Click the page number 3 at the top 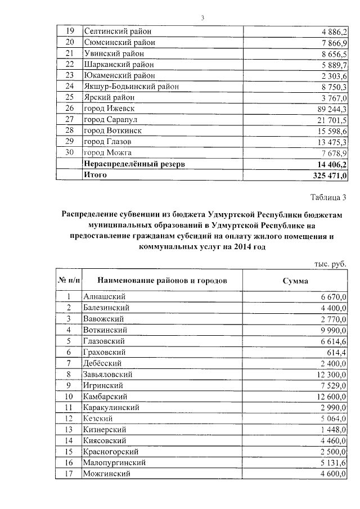point(202,18)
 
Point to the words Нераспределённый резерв point(134,164)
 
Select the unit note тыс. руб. point(331,264)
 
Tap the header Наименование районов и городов point(162,280)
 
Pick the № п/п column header point(69,280)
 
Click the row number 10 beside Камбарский point(69,396)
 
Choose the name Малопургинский point(115,463)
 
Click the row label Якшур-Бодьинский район point(130,87)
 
